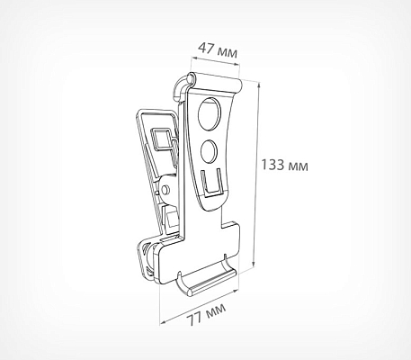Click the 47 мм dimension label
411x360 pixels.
(218, 49)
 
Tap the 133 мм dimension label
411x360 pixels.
(284, 165)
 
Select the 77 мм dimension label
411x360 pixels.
(208, 314)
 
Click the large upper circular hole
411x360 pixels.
(210, 113)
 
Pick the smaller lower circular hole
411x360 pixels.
(209, 151)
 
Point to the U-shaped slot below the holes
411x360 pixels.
(210, 184)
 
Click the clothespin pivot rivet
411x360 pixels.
(165, 190)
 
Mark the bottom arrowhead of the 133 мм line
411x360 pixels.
(254, 264)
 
